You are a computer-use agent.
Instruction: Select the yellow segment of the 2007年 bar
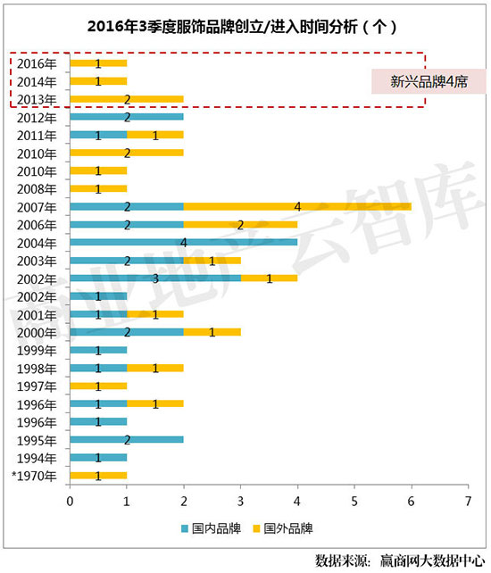click(297, 206)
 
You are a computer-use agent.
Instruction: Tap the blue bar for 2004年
click(183, 242)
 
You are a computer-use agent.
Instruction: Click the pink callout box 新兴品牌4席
click(429, 81)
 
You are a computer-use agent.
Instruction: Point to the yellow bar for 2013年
click(127, 99)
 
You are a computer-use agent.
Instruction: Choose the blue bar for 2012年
click(127, 117)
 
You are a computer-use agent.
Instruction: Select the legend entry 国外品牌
click(279, 528)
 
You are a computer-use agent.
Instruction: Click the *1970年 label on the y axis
click(35, 476)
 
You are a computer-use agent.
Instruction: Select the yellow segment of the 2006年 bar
click(240, 224)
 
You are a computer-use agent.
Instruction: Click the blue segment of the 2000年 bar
click(127, 332)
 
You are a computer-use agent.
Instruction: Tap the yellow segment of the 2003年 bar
click(212, 260)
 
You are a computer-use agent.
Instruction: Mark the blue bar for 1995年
click(127, 440)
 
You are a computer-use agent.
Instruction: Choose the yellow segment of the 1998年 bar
click(155, 368)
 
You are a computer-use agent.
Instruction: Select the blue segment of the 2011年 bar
click(98, 135)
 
